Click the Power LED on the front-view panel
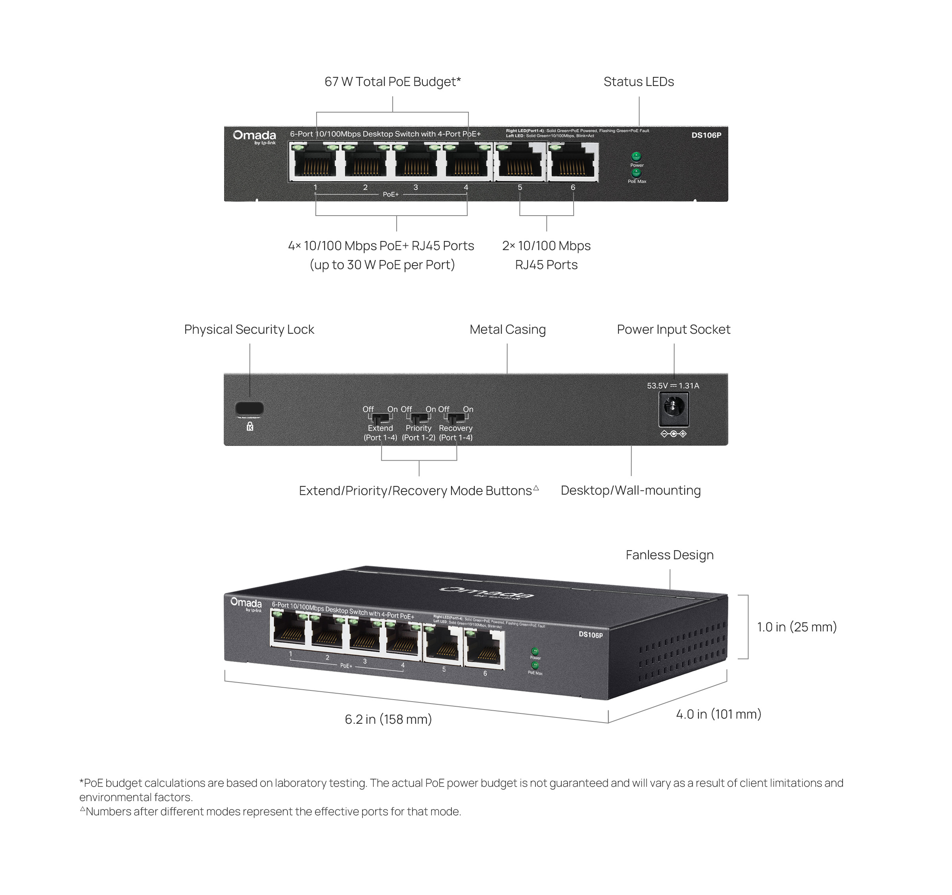(636, 157)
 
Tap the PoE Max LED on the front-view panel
(636, 173)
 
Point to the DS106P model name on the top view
(706, 135)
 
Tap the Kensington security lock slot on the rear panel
(250, 408)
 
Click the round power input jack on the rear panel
(673, 408)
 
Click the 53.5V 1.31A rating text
(673, 386)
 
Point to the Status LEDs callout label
(638, 82)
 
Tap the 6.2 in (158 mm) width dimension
(388, 719)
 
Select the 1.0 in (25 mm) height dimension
(797, 627)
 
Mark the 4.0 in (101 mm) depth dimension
(718, 714)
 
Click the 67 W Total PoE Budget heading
(393, 82)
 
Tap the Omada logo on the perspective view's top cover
(486, 593)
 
